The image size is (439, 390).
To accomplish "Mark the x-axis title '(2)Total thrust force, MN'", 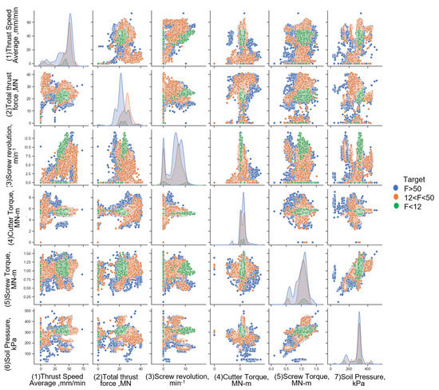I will point(120,377).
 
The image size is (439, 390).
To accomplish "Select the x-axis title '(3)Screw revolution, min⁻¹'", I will point(180,377).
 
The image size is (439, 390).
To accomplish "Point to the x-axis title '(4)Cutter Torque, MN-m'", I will point(242,377).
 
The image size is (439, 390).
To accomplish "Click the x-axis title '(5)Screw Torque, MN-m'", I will point(300,377).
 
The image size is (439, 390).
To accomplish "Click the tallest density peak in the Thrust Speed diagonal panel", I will point(70,14).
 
